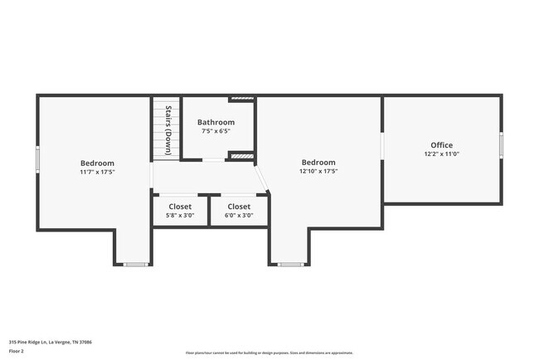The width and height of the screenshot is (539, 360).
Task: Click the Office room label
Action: click(441, 145)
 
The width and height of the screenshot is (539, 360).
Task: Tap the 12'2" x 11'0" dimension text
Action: click(441, 154)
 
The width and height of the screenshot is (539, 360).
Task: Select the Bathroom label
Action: click(216, 122)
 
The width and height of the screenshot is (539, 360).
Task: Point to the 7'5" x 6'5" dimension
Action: click(216, 131)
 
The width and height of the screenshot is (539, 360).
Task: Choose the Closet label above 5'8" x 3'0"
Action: click(180, 207)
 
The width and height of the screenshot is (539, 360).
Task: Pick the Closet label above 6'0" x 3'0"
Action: click(239, 207)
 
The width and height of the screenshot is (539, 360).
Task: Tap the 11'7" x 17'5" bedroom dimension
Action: click(97, 172)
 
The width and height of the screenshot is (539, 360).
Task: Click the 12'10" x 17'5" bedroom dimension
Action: click(318, 172)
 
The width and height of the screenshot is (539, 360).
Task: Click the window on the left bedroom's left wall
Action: click(37, 159)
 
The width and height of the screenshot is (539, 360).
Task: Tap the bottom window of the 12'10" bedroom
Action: click(289, 265)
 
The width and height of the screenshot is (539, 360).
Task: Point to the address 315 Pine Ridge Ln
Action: click(50, 341)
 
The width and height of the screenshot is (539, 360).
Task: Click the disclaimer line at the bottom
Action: click(269, 352)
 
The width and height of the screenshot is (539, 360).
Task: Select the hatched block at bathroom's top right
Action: click(241, 99)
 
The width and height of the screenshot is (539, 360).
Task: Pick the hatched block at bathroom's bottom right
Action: click(240, 155)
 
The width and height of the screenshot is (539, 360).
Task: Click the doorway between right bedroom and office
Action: click(382, 145)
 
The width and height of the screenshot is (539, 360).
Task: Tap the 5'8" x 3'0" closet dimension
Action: click(180, 216)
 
